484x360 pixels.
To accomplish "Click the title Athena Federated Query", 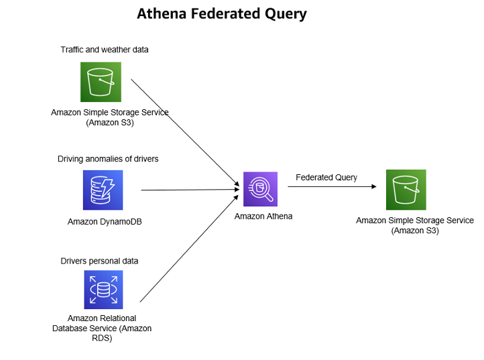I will coord(222,13).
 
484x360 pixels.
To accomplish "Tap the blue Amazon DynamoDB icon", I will coord(103,190).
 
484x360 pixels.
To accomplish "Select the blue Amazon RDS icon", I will coord(103,290).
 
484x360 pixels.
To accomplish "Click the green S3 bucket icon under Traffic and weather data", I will coord(101,82).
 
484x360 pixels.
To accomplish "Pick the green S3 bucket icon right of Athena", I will coord(406,190).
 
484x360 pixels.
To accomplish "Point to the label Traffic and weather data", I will coord(105,50).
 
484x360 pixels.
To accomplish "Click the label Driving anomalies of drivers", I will coord(108,159).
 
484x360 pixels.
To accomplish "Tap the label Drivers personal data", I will coord(99,260).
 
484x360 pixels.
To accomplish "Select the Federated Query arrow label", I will coord(326,177).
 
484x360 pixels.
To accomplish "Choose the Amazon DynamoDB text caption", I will coord(105,221).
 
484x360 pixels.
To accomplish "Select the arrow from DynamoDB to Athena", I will coord(191,190).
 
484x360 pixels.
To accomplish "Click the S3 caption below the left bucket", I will coord(110,117).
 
